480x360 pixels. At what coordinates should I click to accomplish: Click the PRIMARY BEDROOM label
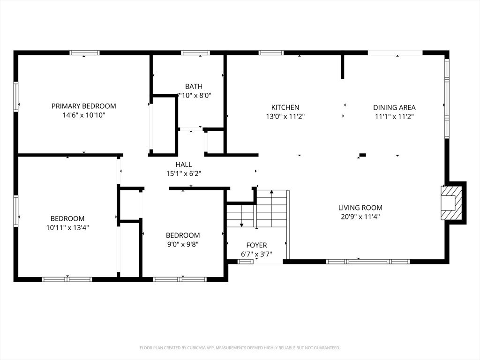point(83,106)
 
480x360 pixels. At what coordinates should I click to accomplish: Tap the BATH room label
point(194,86)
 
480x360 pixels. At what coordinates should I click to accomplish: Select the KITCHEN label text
point(285,107)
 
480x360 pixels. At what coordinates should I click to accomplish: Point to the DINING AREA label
point(394,107)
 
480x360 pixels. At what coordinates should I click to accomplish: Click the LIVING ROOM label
point(360,208)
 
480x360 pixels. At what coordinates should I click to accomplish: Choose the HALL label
point(184,165)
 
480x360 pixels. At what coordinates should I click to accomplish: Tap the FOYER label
point(256,245)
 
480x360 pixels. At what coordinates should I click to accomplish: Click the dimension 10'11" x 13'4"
point(67,228)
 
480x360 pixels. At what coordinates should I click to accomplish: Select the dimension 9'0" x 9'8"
point(183,244)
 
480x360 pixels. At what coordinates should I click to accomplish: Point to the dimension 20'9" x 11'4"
point(360,217)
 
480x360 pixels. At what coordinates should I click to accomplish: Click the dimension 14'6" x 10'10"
point(83,115)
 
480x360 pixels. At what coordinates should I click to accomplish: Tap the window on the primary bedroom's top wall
point(84,53)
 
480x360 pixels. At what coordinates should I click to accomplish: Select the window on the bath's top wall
point(195,53)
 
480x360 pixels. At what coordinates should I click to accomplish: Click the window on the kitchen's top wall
point(271,53)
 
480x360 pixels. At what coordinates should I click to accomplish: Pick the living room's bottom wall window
point(368,262)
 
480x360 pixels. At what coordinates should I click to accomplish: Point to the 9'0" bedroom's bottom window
point(180,279)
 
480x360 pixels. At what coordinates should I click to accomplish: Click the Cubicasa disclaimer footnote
point(240,348)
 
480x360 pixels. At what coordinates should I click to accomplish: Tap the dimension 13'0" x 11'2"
point(285,116)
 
